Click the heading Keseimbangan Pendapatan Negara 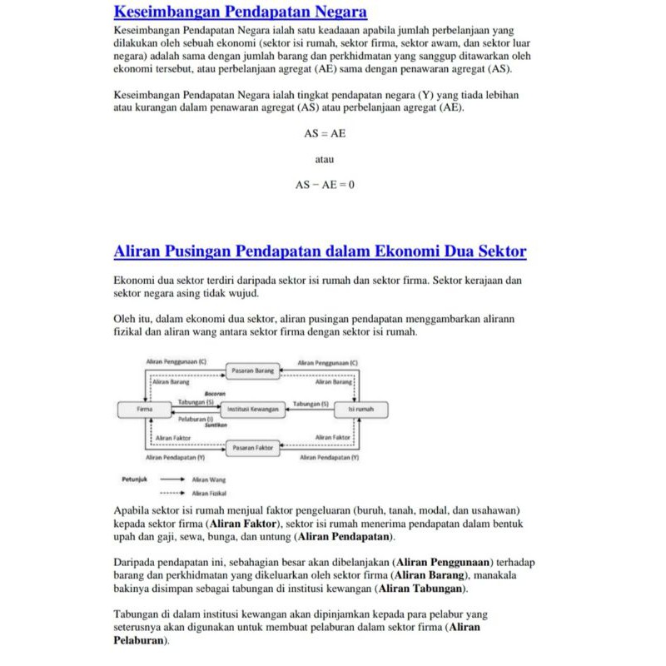click(240, 12)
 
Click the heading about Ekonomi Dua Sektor click(320, 251)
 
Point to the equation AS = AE click(325, 133)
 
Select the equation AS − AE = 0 click(325, 185)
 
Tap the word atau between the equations click(325, 159)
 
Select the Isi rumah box click(360, 410)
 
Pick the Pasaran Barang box click(253, 369)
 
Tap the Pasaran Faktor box click(253, 448)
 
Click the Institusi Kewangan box click(253, 410)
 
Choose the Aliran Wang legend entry click(208, 480)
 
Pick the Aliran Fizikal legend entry click(208, 493)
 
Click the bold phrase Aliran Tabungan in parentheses click(421, 589)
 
